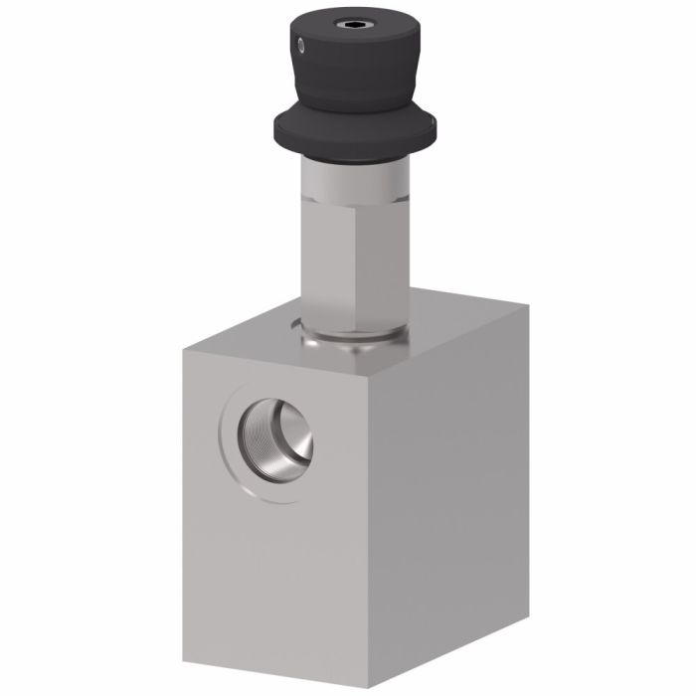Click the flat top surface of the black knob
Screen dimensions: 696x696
point(338,25)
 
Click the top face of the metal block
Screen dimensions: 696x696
point(437,328)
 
